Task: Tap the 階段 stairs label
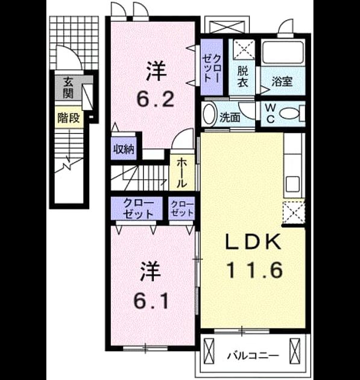click(69, 118)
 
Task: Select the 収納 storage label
click(124, 150)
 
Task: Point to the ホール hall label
click(182, 173)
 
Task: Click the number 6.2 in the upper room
click(156, 100)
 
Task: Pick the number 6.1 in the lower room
click(151, 301)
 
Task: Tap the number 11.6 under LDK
click(254, 270)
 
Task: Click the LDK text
click(253, 241)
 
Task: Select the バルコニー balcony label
click(253, 356)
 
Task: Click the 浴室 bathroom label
click(282, 81)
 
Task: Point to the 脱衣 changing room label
click(242, 77)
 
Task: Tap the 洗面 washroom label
click(230, 118)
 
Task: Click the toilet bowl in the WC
click(289, 113)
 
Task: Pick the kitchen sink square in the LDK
click(292, 184)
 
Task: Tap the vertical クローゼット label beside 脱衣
click(212, 68)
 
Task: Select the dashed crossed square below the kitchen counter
click(294, 213)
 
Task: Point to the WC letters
click(270, 114)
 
